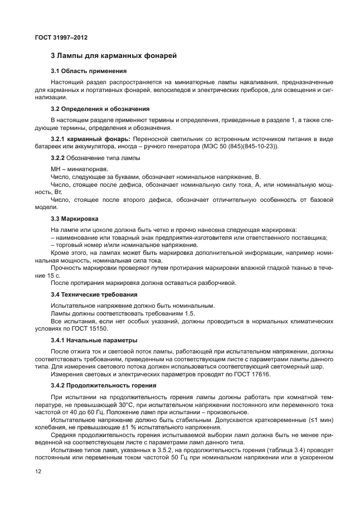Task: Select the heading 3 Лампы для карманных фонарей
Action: (114, 56)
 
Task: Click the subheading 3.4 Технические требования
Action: (94, 294)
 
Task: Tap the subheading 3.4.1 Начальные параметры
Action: (94, 340)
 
